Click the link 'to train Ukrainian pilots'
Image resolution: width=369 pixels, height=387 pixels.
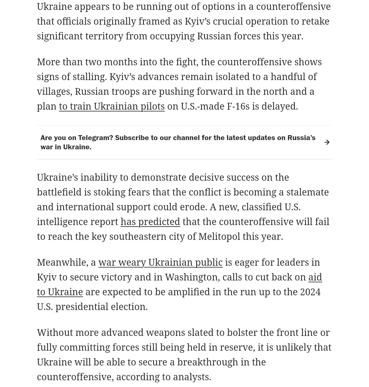point(112,106)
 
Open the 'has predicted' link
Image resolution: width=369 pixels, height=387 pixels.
point(150,222)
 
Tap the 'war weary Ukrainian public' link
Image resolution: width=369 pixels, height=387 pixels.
point(160,262)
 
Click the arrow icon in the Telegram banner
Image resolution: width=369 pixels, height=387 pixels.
point(327,142)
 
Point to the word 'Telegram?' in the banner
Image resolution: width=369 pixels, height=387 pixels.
point(96,138)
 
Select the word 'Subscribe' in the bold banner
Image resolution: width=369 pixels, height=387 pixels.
point(131,138)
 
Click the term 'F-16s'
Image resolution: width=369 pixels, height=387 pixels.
point(238,106)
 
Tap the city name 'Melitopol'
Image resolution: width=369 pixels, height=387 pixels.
point(219,236)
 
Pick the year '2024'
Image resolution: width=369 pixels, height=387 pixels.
point(310,292)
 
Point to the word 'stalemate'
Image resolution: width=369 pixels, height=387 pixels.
point(307,192)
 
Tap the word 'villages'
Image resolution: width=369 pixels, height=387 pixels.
point(54,91)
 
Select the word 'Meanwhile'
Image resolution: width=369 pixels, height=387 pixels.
point(62,262)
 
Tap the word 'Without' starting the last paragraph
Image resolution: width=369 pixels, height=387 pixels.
point(55,333)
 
